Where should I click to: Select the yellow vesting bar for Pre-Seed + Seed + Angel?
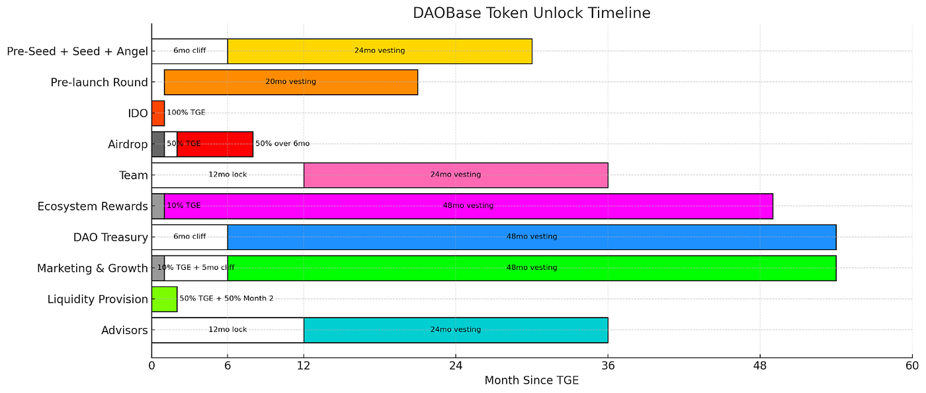pos(380,51)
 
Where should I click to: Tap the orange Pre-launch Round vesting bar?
pos(291,82)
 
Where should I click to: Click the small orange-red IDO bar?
pos(157,113)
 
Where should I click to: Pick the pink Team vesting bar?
pos(455,175)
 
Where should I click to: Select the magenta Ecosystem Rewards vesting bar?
pos(468,206)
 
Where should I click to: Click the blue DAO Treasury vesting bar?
pos(531,237)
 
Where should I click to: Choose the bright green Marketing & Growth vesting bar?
pos(531,268)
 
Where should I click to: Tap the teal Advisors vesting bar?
pos(455,329)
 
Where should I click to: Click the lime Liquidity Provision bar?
pos(164,299)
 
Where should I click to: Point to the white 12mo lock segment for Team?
pos(228,175)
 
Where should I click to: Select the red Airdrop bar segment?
pos(215,144)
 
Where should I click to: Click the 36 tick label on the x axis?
pos(608,366)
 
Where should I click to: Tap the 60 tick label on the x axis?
pos(912,366)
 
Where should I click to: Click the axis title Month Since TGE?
pos(531,380)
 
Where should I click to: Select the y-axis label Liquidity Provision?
pos(98,299)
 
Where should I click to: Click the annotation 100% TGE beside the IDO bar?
pos(186,113)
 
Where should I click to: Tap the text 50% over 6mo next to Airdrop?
pos(282,144)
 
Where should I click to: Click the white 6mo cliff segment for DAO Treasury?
pos(189,237)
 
